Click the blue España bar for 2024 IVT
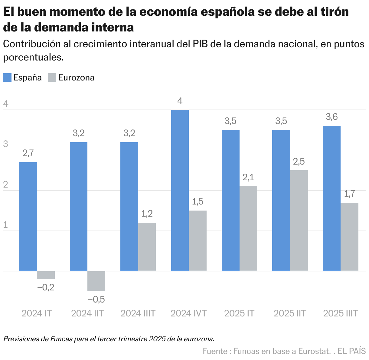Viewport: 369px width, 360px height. pos(180,190)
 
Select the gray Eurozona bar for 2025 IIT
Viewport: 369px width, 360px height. pos(299,221)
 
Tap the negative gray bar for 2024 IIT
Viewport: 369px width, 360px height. pos(96,281)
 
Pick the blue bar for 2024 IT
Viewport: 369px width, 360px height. pos(28,216)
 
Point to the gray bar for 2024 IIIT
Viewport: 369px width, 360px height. pos(147,247)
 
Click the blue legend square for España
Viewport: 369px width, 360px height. pos(7,77)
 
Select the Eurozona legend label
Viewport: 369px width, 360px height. pos(76,77)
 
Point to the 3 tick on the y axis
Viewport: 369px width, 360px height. pos(5,144)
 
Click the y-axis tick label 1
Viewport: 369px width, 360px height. pos(5,225)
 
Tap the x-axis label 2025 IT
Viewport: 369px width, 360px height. pos(239,313)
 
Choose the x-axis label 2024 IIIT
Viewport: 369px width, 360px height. pos(138,313)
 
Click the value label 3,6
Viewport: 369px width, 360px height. pos(331,117)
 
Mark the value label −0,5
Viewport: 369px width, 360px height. pos(96,299)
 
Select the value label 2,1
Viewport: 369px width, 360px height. pos(248,177)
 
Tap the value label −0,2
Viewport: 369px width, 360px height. pos(46,287)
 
